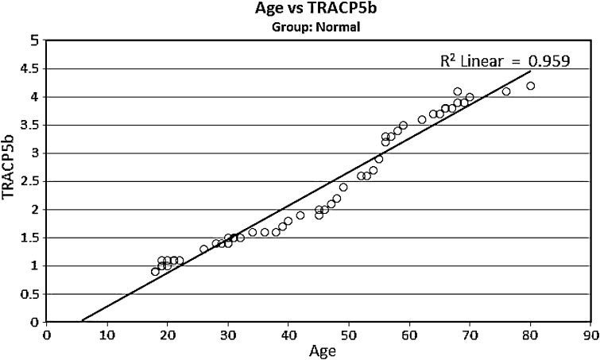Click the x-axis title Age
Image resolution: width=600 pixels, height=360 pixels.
pos(318,350)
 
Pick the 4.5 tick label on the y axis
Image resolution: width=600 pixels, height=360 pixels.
pos(30,69)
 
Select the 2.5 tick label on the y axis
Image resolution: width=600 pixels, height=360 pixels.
pos(30,181)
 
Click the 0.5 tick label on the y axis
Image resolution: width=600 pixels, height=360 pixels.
pos(30,294)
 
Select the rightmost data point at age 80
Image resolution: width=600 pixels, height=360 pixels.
pos(530,86)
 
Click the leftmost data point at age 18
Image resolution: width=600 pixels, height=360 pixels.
pos(156,271)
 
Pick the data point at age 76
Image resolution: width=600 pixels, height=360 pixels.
pos(506,91)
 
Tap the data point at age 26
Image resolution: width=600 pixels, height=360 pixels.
pos(204,249)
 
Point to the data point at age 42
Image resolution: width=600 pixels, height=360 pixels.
pos(300,215)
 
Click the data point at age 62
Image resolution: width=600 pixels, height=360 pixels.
pos(421,120)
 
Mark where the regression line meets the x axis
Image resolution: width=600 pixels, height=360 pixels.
pos(83,322)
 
